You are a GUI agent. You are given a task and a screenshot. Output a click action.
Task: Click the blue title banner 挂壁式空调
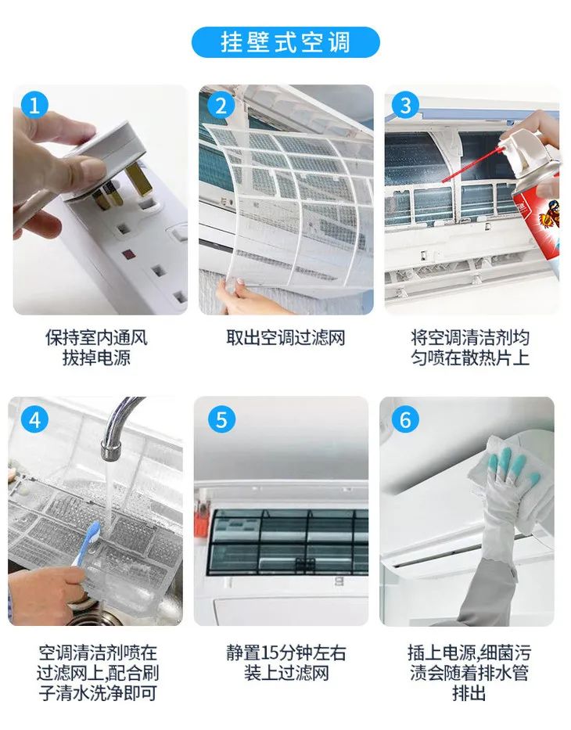click(x=285, y=42)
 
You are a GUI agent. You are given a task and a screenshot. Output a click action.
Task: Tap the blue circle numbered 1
click(x=34, y=106)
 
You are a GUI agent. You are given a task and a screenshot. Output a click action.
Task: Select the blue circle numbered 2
click(x=221, y=106)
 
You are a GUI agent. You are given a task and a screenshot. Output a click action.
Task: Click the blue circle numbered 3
click(x=405, y=106)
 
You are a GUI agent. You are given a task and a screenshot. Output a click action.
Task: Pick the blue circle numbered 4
click(x=34, y=420)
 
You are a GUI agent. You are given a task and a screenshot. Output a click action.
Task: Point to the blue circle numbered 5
click(x=221, y=420)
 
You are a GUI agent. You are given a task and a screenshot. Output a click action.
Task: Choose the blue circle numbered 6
click(x=405, y=420)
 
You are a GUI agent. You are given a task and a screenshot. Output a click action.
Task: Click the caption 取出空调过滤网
click(x=285, y=338)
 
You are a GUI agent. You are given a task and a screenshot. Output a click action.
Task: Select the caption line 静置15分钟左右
click(x=286, y=653)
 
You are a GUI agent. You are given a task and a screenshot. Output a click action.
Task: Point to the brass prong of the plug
click(x=139, y=181)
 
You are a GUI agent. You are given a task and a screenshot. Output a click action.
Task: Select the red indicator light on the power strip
click(x=127, y=255)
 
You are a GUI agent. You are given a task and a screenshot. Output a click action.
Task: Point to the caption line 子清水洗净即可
click(x=97, y=693)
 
